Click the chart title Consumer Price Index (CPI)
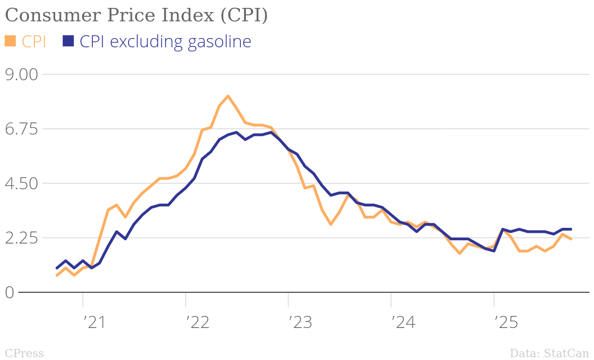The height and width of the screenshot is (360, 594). click(x=136, y=15)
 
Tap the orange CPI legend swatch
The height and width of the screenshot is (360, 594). click(x=10, y=41)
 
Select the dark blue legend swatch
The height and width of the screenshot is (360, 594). click(x=68, y=41)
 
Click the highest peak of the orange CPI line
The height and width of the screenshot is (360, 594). click(x=228, y=96)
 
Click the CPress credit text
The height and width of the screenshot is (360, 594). click(x=24, y=354)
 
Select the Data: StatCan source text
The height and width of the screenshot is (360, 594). click(x=549, y=354)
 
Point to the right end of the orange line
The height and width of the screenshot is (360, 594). click(x=571, y=239)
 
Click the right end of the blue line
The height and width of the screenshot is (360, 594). click(x=571, y=229)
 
